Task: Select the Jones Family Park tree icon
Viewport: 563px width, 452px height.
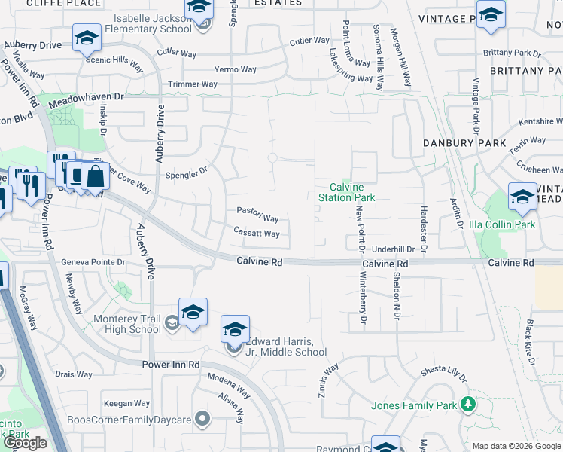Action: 467,405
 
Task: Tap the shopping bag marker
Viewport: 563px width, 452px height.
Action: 96,177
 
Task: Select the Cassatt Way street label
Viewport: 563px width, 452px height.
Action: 257,234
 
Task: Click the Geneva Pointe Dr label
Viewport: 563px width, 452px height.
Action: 93,262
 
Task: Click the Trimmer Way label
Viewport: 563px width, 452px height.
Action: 193,84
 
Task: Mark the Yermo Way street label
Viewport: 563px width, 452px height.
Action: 236,69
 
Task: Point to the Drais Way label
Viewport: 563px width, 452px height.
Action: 74,374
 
